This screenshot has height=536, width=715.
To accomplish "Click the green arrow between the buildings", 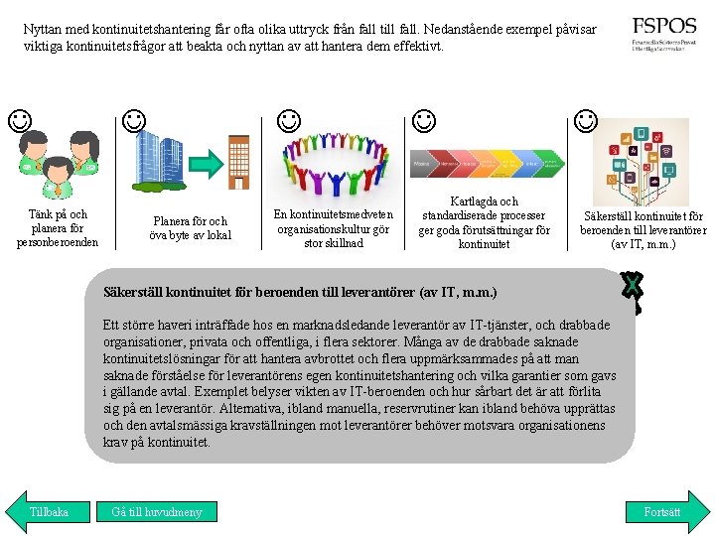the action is tap(204, 164).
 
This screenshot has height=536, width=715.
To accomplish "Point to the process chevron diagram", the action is tap(488, 162).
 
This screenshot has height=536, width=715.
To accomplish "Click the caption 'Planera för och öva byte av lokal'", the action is tap(190, 228).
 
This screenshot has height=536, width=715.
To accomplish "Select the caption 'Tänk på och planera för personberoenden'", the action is tap(58, 228).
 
